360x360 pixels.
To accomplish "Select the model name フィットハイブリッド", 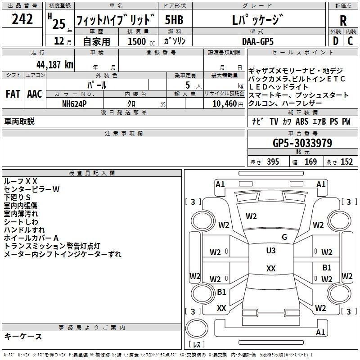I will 116,20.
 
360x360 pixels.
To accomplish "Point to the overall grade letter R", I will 343,20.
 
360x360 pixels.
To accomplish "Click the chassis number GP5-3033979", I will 302,143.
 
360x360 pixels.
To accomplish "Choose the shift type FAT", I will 12,94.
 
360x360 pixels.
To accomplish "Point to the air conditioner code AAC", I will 34,94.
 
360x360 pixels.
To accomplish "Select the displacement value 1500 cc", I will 137,41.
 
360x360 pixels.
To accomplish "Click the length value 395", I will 271,162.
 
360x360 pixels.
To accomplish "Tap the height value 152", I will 346,162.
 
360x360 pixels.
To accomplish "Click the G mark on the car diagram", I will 284,237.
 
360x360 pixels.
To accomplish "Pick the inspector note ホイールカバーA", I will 31,238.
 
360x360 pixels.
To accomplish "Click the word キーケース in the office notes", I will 23,336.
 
